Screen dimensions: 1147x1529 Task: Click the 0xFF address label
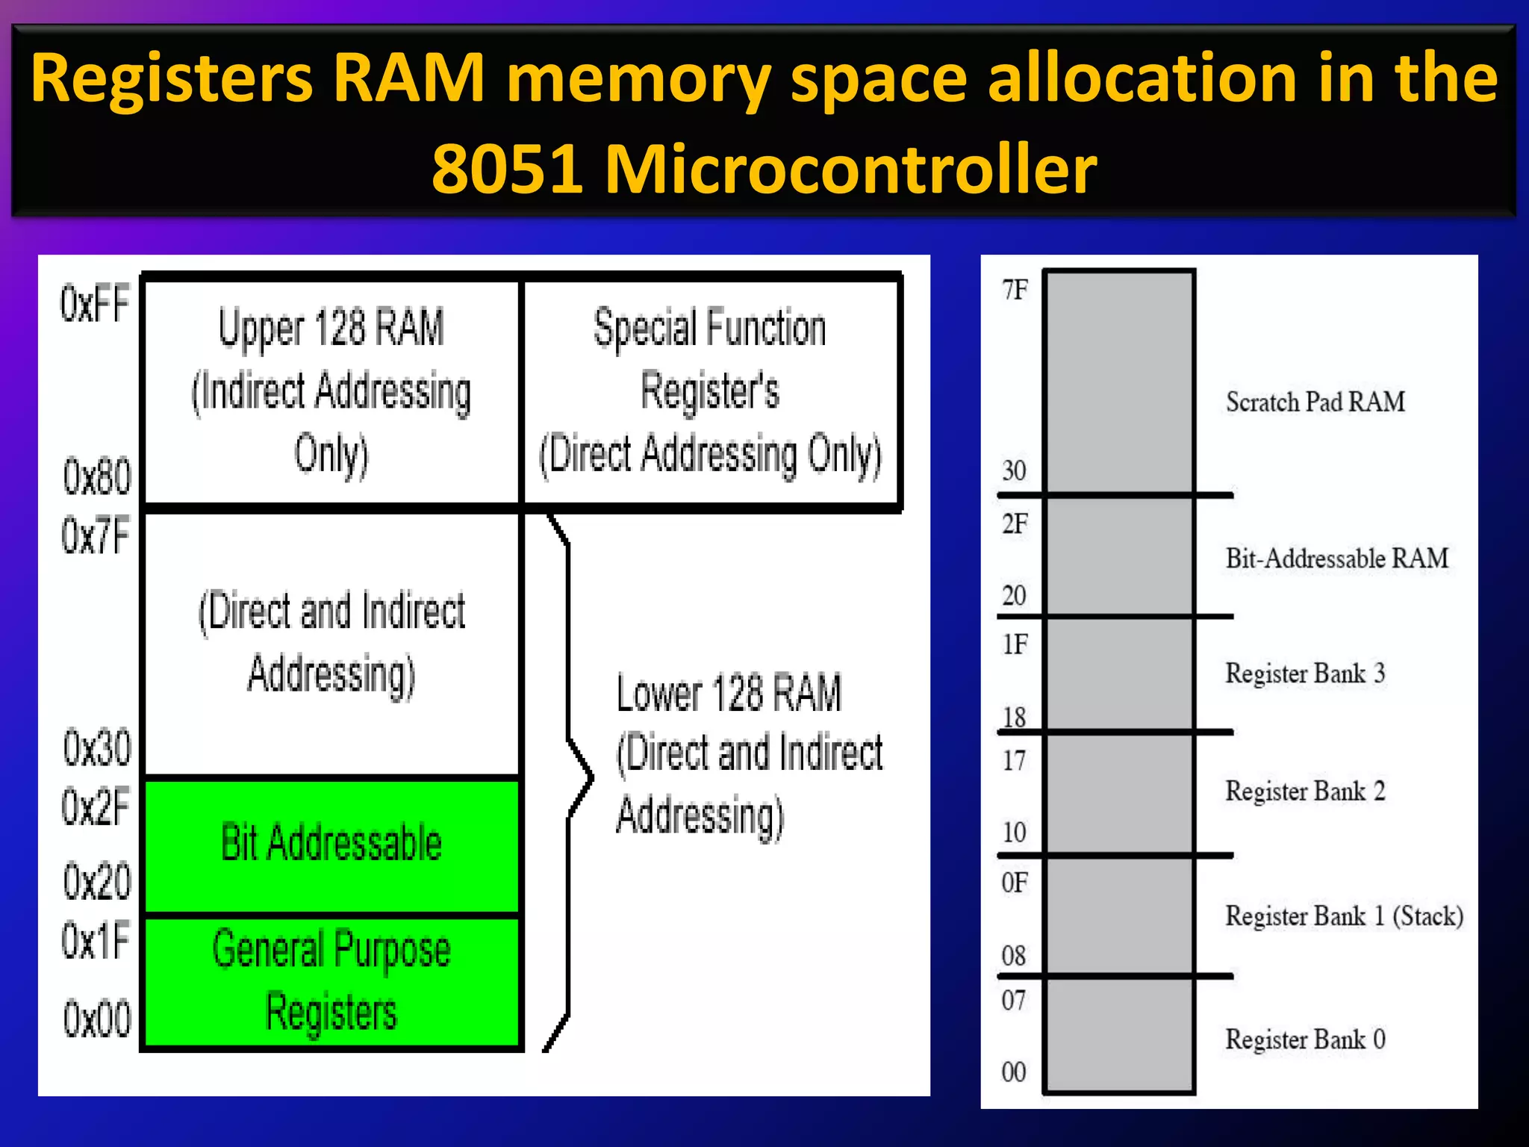pos(95,304)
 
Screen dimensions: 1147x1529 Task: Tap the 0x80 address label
pos(96,476)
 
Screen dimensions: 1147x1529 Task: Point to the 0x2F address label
pos(96,807)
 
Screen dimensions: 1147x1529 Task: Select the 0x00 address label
pos(96,1019)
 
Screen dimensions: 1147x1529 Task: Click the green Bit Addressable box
pos(331,845)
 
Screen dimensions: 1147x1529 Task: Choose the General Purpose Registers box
pos(331,981)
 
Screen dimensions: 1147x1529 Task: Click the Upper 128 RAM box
pos(331,391)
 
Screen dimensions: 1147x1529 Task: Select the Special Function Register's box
pos(710,391)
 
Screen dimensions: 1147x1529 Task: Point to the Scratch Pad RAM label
pos(1315,402)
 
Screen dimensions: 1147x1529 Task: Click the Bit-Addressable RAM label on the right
pos(1336,559)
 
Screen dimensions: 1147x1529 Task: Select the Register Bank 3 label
pos(1304,674)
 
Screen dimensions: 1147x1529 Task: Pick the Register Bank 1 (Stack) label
pos(1344,916)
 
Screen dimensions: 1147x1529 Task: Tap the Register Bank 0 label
pos(1304,1039)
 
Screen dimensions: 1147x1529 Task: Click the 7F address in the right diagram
pos(1015,290)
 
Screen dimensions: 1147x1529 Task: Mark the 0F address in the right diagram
pos(1014,883)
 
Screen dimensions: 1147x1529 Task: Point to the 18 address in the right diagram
pos(1014,718)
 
